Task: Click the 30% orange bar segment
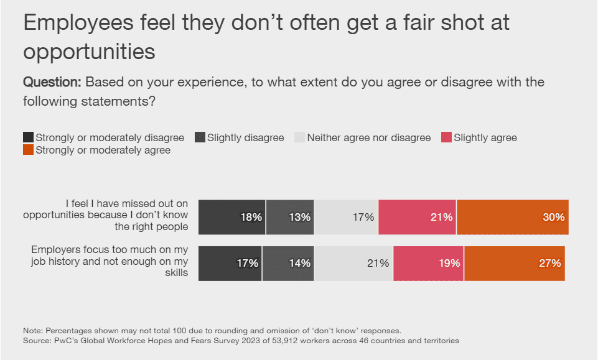pos(513,217)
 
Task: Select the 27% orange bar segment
pos(515,263)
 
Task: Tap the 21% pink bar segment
pos(417,217)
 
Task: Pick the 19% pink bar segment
pos(429,263)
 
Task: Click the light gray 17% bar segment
pos(346,217)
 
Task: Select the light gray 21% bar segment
pos(353,263)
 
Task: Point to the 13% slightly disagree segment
pos(290,217)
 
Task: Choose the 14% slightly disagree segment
pos(288,263)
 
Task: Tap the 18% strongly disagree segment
pos(232,217)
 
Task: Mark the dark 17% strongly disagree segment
pos(230,263)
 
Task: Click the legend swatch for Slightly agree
pos(446,137)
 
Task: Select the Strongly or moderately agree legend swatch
pos(28,150)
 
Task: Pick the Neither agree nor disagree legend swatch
pos(299,137)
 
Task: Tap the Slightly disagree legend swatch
pos(200,137)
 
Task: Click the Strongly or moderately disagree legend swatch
pos(28,137)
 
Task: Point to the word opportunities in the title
pos(89,52)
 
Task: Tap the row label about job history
pos(110,261)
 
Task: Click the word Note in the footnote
pos(32,330)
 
